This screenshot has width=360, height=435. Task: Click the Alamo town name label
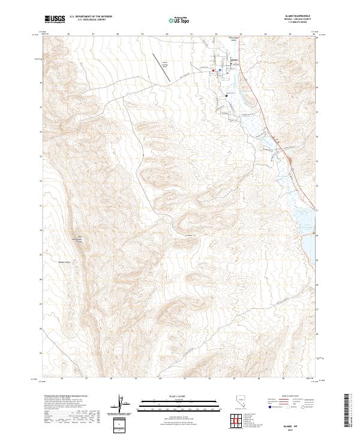(235, 61)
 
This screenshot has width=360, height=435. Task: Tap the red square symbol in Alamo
(213, 70)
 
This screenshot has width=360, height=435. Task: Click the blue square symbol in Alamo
(220, 70)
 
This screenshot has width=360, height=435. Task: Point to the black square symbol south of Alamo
(226, 95)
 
